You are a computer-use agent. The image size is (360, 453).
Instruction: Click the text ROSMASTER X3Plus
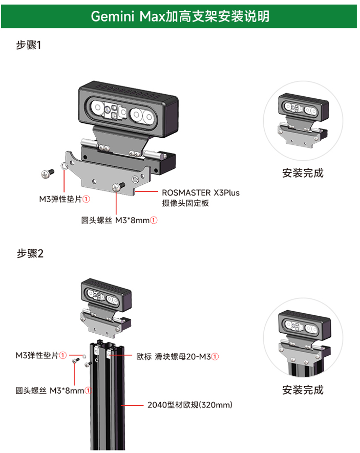point(200,193)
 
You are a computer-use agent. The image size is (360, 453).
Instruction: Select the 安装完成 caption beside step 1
point(303,172)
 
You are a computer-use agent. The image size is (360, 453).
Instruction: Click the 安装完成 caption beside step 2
point(303,390)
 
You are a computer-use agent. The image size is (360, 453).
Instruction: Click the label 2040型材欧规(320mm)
point(189,405)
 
